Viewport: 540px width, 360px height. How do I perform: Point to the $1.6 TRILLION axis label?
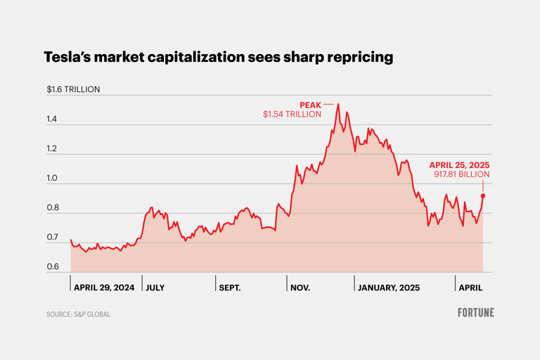coord(73,89)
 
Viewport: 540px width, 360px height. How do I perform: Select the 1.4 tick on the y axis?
coord(53,120)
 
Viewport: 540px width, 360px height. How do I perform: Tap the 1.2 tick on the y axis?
coord(53,150)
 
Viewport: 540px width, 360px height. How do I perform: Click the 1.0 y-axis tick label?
coord(53,179)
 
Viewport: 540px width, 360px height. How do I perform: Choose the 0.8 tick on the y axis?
coord(53,209)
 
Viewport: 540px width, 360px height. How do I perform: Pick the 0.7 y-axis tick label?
coord(53,238)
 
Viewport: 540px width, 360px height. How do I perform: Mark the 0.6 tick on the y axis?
coord(53,268)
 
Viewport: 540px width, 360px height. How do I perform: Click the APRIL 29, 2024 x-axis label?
coord(104,288)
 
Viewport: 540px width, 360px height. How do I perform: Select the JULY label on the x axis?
coord(155,288)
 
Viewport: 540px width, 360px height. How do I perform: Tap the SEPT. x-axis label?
coord(229,288)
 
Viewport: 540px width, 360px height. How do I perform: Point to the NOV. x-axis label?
coord(300,288)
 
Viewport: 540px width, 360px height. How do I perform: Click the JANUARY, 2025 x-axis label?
coord(389,288)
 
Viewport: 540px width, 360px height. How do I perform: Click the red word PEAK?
coord(310,104)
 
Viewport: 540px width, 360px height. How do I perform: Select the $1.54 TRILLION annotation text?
coord(292,114)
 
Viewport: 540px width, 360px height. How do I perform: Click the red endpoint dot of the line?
coord(483,196)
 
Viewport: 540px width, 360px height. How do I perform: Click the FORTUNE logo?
coord(475,312)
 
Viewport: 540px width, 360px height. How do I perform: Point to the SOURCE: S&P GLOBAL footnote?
coord(78,314)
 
